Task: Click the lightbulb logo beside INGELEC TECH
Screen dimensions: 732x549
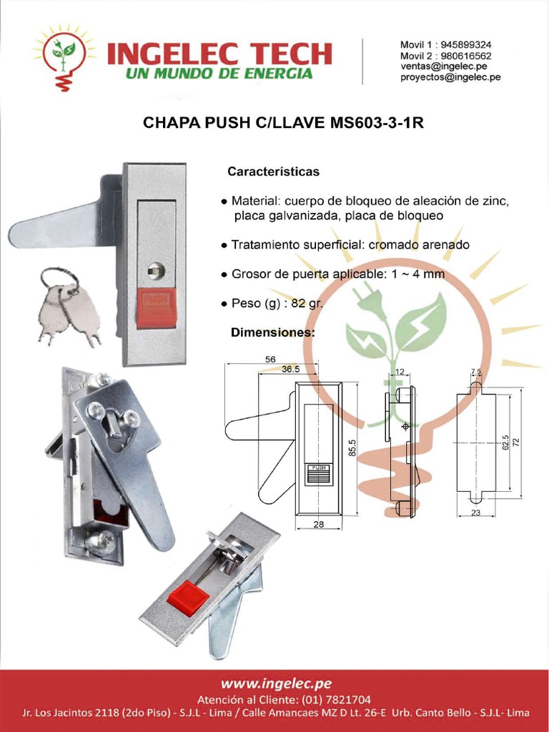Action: [x=64, y=56]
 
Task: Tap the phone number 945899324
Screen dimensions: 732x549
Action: [x=466, y=44]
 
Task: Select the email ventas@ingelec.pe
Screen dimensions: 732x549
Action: [x=443, y=66]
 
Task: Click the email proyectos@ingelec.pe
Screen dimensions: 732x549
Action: [x=450, y=78]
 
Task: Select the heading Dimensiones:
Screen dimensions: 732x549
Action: [x=272, y=333]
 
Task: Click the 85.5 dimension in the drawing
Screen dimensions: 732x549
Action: [x=352, y=447]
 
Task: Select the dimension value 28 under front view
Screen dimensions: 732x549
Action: [x=318, y=524]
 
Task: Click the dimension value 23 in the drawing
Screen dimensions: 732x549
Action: [x=476, y=513]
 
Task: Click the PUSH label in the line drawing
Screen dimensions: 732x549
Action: [x=319, y=468]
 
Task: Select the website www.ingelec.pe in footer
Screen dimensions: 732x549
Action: [x=275, y=683]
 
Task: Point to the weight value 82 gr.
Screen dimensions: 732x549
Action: [x=307, y=304]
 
